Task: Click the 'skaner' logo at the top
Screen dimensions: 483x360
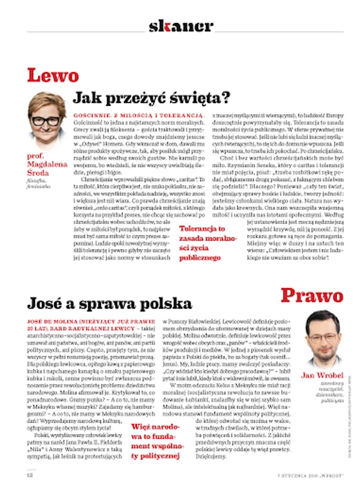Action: pyautogui.click(x=181, y=25)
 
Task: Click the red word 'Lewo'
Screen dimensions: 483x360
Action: pyautogui.click(x=53, y=75)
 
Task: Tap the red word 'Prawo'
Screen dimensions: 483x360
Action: pyautogui.click(x=312, y=295)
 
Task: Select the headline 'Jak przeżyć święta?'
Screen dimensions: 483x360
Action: pyautogui.click(x=151, y=98)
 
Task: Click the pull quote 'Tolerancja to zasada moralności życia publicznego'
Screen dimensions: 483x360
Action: pyautogui.click(x=202, y=243)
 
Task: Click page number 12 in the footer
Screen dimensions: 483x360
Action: pyautogui.click(x=31, y=474)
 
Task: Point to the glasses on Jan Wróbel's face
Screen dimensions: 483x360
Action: pyautogui.click(x=322, y=338)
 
